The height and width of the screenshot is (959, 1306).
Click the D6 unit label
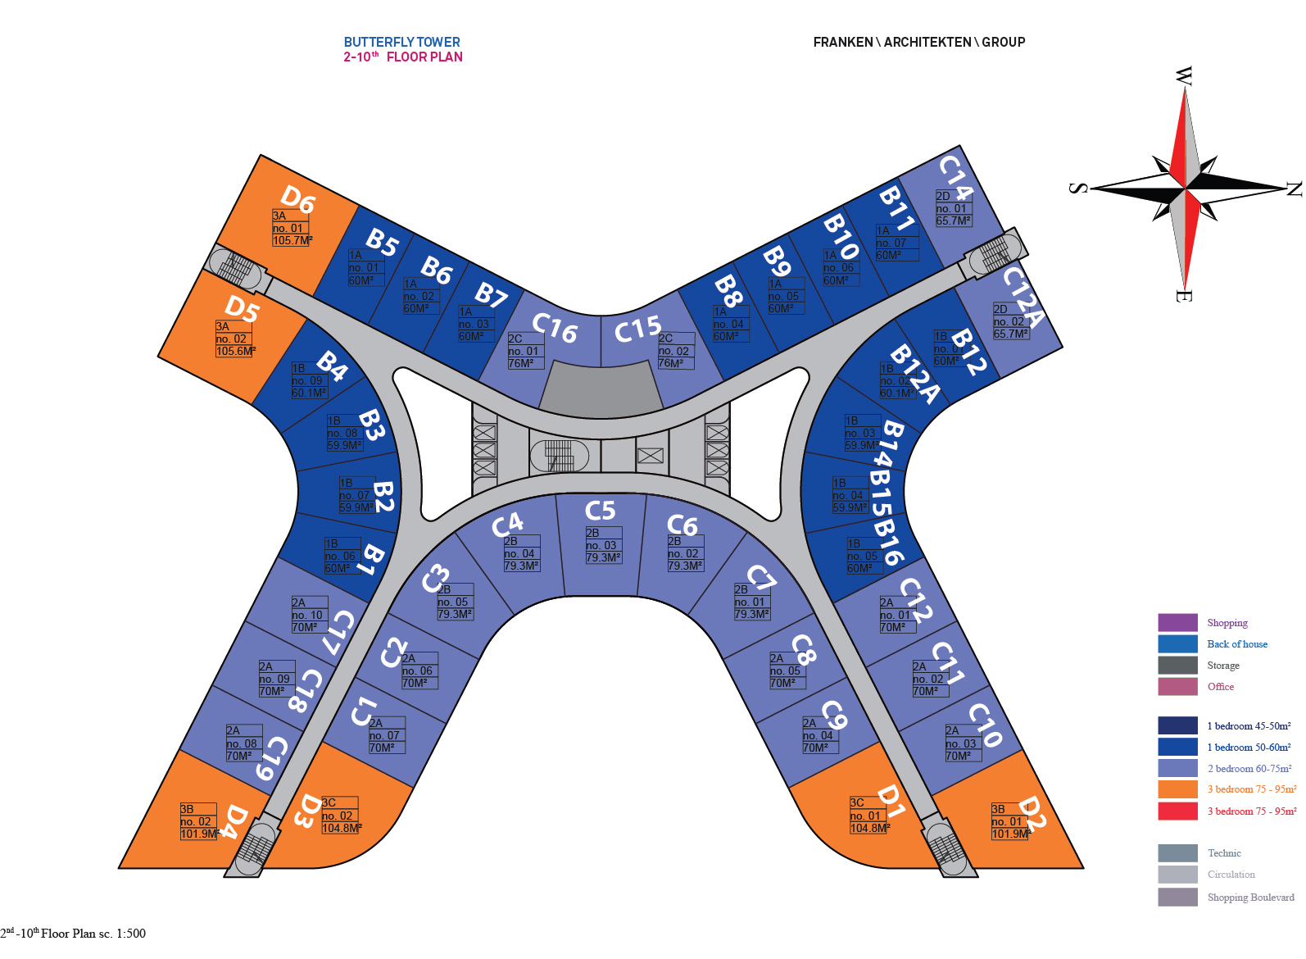tap(297, 198)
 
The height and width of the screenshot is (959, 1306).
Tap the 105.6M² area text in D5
tap(235, 351)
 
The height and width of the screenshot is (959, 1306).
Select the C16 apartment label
tap(555, 327)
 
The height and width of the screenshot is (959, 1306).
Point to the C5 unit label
tap(600, 511)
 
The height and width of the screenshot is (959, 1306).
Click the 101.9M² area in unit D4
tap(199, 834)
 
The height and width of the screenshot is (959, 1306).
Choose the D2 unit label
tap(1031, 812)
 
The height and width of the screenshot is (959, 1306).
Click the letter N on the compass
tap(1294, 189)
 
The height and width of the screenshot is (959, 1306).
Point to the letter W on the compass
tap(1183, 76)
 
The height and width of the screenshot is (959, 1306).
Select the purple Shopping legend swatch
tap(1177, 622)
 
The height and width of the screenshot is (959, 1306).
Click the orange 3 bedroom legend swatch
tap(1177, 789)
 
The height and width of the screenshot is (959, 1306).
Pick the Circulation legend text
tap(1231, 875)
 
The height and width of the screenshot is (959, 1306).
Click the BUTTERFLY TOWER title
tap(401, 42)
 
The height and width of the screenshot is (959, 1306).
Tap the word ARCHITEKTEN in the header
tap(927, 42)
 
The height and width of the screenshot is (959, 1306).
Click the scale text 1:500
tap(131, 933)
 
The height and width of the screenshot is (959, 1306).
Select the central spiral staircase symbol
tap(560, 456)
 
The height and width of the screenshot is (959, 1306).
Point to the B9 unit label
tap(777, 261)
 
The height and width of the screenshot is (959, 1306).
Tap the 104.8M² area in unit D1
tap(868, 828)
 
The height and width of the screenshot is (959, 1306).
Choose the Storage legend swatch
tap(1177, 665)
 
